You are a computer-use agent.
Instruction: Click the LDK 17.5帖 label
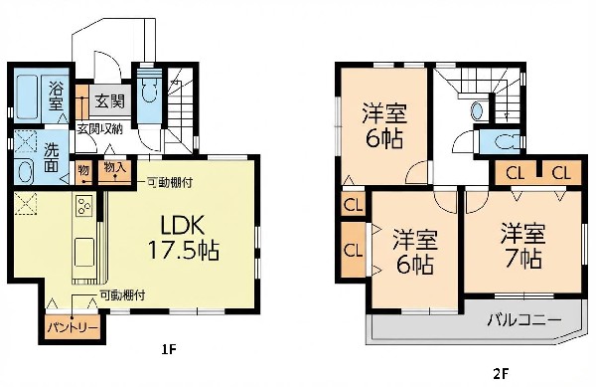[x=183, y=238]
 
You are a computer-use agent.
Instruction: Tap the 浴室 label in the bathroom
[x=56, y=96]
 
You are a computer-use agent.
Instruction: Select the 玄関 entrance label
[x=109, y=100]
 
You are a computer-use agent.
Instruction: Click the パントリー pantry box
[x=73, y=326]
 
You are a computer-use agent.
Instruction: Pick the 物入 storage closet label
[x=115, y=167]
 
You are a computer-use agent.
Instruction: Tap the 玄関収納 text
[x=100, y=129]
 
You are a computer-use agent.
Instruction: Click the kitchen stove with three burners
[x=84, y=206]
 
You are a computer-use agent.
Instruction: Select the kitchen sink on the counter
[x=84, y=253]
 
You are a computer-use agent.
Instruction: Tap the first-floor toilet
[x=149, y=88]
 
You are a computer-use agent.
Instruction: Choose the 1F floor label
[x=169, y=349]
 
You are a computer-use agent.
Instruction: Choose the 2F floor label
[x=501, y=374]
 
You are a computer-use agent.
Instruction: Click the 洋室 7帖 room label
[x=522, y=246]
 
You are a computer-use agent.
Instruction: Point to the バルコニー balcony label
[x=524, y=320]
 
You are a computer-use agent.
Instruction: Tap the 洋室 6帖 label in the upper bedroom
[x=384, y=125]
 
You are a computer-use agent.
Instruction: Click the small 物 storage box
[x=83, y=170]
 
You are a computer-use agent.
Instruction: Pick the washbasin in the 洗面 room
[x=25, y=172]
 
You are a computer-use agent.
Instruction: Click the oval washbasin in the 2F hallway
[x=477, y=111]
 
